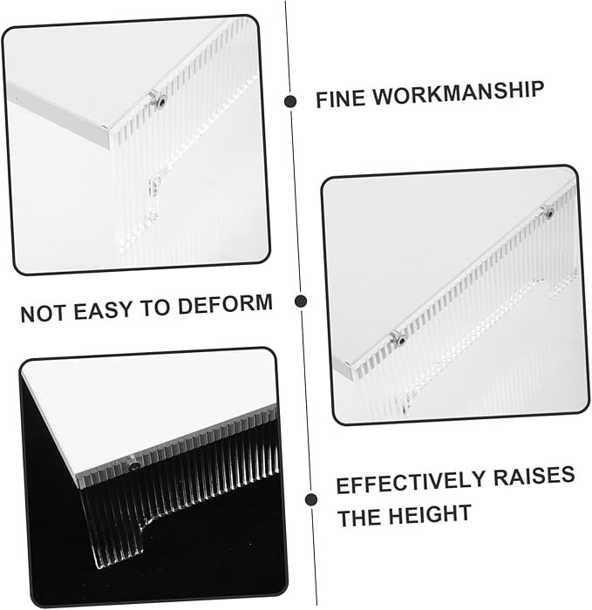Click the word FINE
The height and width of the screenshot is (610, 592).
pyautogui.click(x=340, y=98)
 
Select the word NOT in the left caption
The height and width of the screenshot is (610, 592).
pyautogui.click(x=43, y=313)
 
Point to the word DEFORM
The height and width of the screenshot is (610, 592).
pyautogui.click(x=225, y=304)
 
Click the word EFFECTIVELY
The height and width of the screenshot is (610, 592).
pyautogui.click(x=411, y=483)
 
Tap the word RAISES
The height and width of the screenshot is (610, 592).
pyautogui.click(x=534, y=476)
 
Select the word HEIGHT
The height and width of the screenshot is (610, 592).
pyautogui.click(x=431, y=514)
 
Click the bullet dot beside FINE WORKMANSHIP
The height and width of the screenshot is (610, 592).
pyautogui.click(x=290, y=102)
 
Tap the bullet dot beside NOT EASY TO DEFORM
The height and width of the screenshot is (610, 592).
pyautogui.click(x=301, y=302)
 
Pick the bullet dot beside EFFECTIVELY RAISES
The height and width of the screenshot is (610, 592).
pyautogui.click(x=311, y=500)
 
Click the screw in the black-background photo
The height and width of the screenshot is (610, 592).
pyautogui.click(x=134, y=466)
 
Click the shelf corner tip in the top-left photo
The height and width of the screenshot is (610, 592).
pyautogui.click(x=108, y=131)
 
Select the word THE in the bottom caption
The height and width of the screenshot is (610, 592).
pyautogui.click(x=359, y=518)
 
